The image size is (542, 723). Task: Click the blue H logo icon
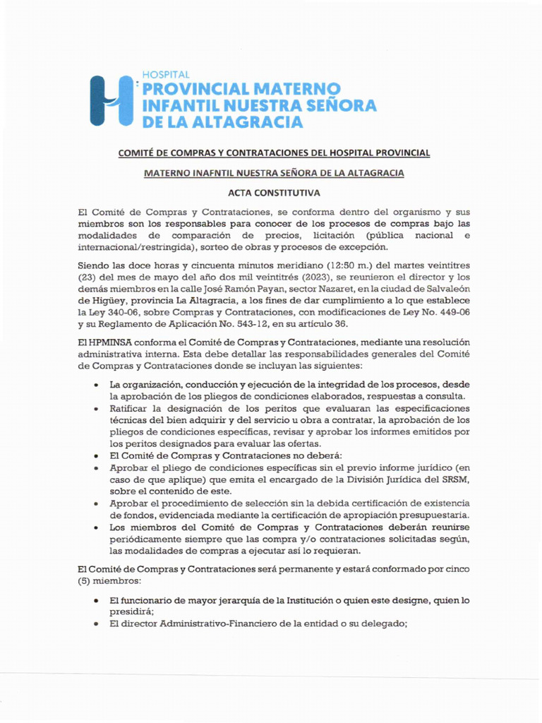(x=112, y=100)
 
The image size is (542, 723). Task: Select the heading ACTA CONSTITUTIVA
(x=273, y=192)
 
